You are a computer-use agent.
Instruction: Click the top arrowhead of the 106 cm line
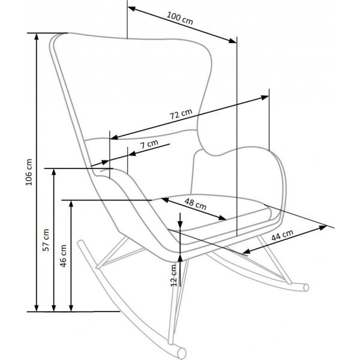[38, 37]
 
